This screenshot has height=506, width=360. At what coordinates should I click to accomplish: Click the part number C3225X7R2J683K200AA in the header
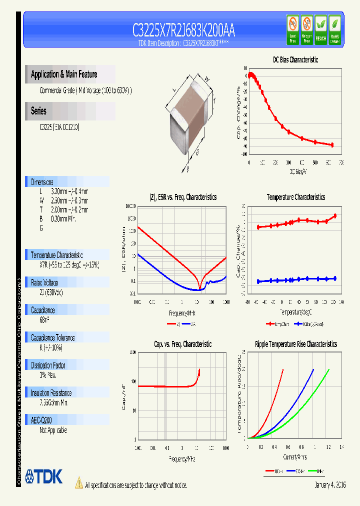click(183, 31)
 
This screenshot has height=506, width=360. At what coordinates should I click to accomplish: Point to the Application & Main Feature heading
click(64, 74)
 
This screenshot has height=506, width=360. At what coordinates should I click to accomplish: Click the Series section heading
click(39, 111)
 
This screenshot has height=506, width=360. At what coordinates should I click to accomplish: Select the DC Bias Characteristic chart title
click(295, 59)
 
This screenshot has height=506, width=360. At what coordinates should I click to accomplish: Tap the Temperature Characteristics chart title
click(295, 197)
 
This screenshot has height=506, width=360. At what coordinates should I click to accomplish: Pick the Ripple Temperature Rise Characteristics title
click(295, 344)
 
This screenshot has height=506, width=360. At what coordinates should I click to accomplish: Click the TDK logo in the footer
click(44, 476)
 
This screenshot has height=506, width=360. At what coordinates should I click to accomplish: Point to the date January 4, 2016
click(330, 485)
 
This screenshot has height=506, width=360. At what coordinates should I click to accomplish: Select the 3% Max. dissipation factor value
click(48, 374)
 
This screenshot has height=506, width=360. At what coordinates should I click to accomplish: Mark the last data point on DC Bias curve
click(331, 144)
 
